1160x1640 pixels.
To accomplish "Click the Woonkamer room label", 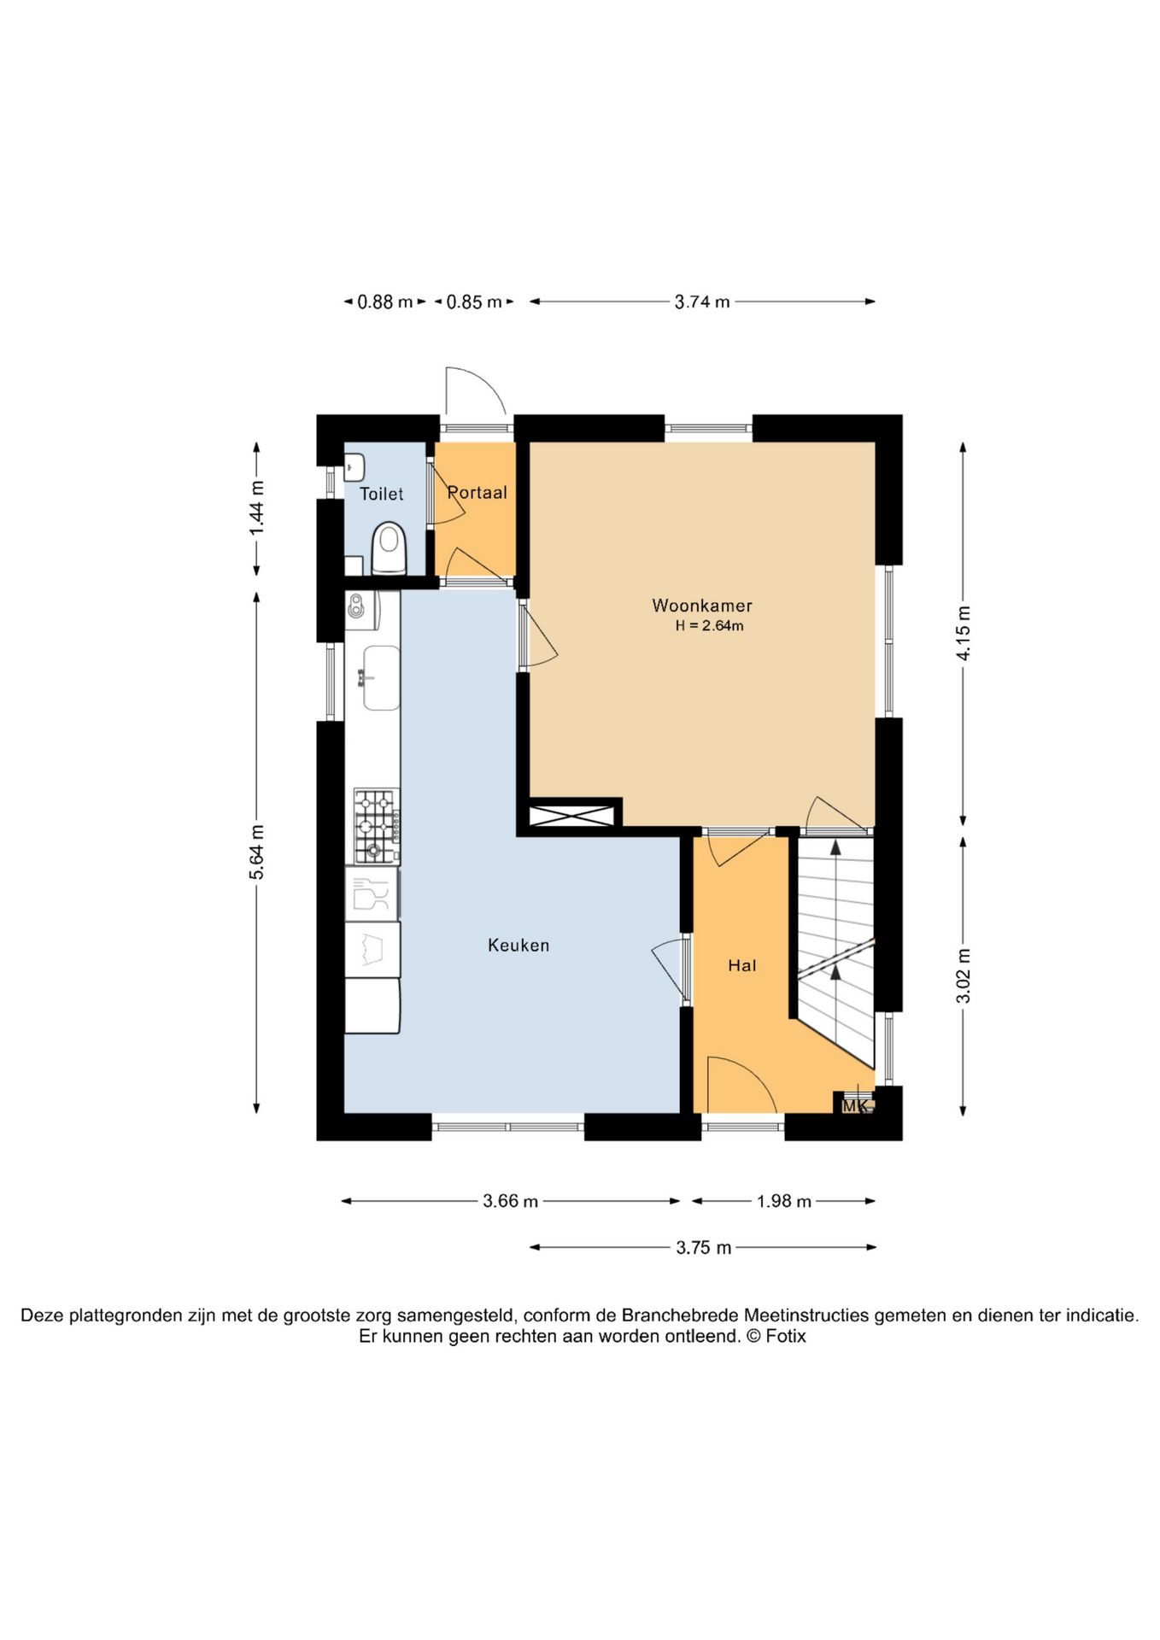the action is [702, 606].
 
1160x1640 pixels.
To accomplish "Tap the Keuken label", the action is [518, 945].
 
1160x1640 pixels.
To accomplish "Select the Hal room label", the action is [741, 965].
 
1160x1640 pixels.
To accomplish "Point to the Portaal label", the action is [477, 492].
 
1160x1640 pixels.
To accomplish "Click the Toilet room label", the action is [381, 494].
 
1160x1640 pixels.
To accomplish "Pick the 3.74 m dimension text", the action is [702, 302].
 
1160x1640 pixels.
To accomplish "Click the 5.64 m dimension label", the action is [257, 852].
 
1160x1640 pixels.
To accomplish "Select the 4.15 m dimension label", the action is [964, 633].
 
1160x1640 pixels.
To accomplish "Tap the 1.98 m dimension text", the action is [784, 1201].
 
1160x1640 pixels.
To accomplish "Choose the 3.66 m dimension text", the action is [511, 1201].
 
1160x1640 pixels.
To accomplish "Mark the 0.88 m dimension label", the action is [385, 302].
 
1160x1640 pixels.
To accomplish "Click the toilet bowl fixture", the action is [389, 548].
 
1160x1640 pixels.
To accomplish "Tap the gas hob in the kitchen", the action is [377, 826].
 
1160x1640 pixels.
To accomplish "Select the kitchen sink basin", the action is [381, 677].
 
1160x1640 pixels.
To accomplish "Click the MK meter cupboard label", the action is [855, 1106].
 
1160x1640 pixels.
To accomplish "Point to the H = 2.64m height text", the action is [709, 626].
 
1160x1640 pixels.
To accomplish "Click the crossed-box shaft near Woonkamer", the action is [571, 815].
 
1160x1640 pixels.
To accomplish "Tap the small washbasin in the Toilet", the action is [354, 467].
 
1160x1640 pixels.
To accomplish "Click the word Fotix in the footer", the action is [786, 1337].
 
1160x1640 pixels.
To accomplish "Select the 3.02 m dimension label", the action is [964, 975].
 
